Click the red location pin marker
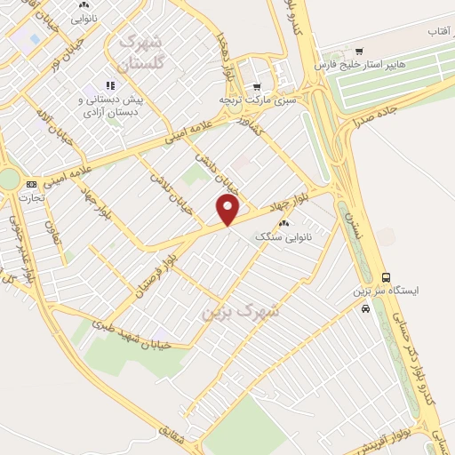click(x=228, y=210)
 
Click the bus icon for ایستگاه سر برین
click(x=385, y=277)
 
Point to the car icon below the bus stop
click(x=366, y=308)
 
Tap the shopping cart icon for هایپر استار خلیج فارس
click(x=358, y=52)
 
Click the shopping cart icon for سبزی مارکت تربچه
click(x=257, y=87)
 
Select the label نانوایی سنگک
click(x=280, y=236)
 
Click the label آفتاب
click(x=439, y=32)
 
